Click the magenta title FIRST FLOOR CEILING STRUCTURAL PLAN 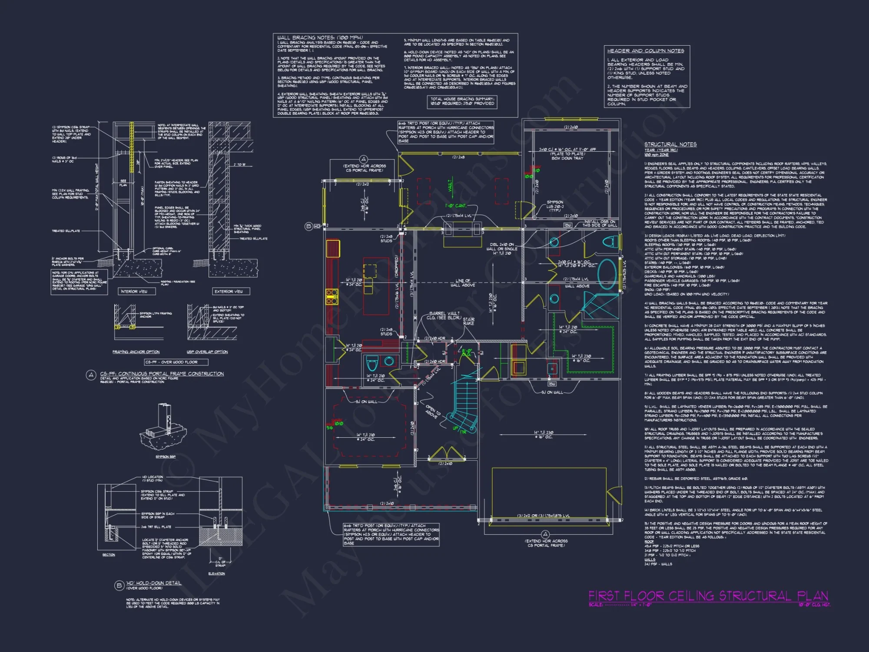(x=708, y=595)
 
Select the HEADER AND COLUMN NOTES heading (x=646, y=51)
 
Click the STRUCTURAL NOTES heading (x=670, y=144)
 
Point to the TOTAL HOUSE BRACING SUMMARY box (x=462, y=101)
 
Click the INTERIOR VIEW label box (x=134, y=291)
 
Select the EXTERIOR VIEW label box (x=229, y=291)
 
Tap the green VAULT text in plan (x=450, y=186)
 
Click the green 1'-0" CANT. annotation (x=455, y=206)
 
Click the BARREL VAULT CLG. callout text (x=443, y=315)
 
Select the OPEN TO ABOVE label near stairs (x=432, y=412)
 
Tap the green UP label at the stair (x=455, y=428)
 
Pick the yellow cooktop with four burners (x=332, y=296)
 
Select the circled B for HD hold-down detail (x=119, y=585)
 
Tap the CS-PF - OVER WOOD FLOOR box (x=171, y=362)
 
